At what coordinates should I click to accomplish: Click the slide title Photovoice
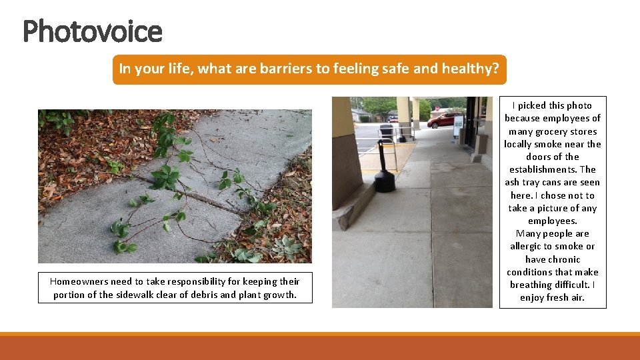coord(92,31)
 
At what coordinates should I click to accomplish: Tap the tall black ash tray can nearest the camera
coord(384,169)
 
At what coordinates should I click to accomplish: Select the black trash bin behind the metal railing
coord(386,133)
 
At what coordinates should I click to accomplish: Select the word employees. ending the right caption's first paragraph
coord(552,221)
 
